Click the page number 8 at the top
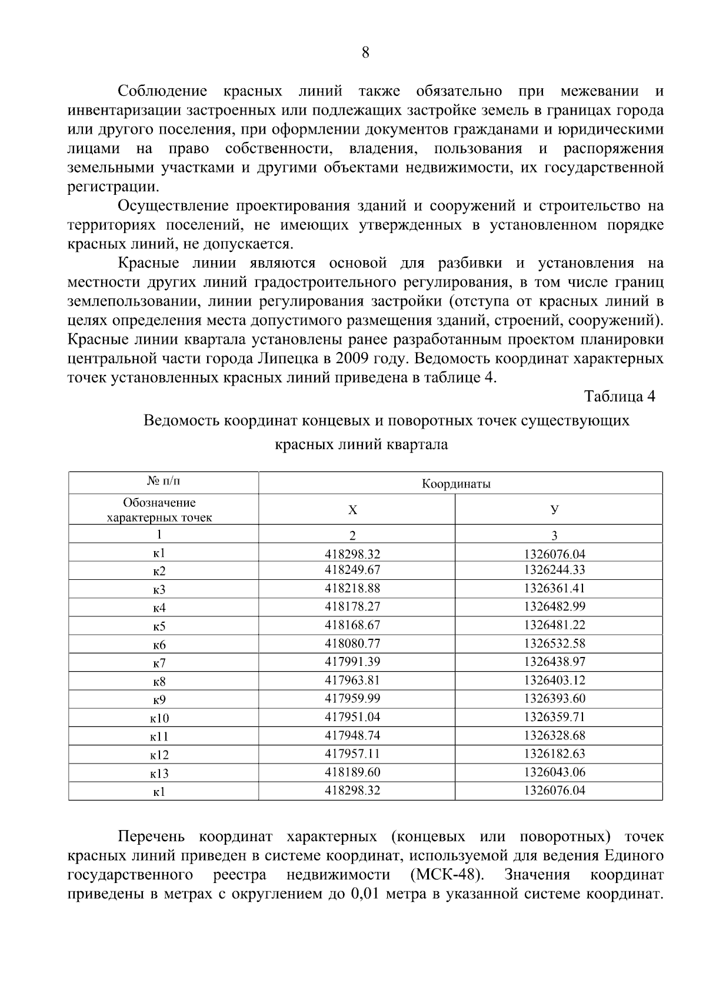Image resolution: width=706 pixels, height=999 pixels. pyautogui.click(x=365, y=53)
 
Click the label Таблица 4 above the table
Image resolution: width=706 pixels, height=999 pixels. pyautogui.click(x=620, y=396)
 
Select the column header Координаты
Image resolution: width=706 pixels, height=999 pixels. pyautogui.click(x=456, y=484)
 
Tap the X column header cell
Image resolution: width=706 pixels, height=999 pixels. pyautogui.click(x=352, y=510)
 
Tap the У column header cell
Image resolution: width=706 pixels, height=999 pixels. pyautogui.click(x=554, y=510)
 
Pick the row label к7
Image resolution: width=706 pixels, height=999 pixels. pyautogui.click(x=159, y=663)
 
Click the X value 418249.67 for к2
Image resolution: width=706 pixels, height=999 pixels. pyautogui.click(x=352, y=570)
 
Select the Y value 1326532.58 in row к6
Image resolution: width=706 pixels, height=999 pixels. pyautogui.click(x=554, y=643)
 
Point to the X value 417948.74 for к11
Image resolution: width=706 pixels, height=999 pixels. pyautogui.click(x=352, y=735)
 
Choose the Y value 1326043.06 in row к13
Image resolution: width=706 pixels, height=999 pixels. pyautogui.click(x=554, y=772)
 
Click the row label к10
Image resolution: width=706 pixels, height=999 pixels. pyautogui.click(x=159, y=718)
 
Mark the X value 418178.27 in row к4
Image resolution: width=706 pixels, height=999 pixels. pyautogui.click(x=352, y=606)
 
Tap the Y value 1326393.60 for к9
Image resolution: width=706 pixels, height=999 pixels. pyautogui.click(x=554, y=698)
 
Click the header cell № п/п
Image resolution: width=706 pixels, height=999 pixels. pyautogui.click(x=163, y=482)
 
